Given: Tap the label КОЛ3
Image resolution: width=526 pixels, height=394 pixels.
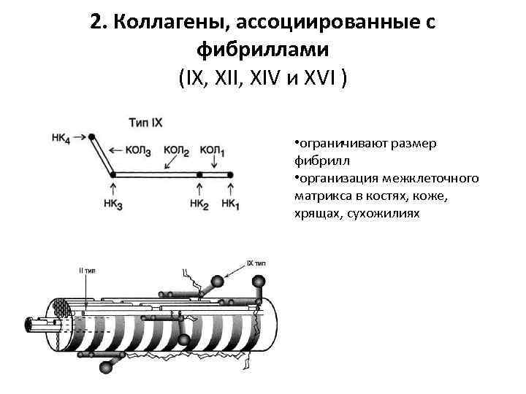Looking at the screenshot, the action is pos(137,151).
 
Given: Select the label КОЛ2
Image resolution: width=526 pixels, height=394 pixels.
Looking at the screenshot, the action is pos(176,150).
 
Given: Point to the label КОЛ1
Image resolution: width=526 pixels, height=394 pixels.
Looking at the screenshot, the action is pos(212,150).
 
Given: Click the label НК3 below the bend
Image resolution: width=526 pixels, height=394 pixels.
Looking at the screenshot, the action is pos(113,206).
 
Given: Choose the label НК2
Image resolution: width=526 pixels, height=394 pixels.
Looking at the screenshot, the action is pos(199,206).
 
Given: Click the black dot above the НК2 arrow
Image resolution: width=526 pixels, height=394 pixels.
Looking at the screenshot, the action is pos(199,175).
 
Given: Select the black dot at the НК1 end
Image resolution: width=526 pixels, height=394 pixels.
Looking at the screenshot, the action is pos(229,175).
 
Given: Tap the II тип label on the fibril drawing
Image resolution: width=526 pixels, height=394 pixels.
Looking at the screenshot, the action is pos(87,270).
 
